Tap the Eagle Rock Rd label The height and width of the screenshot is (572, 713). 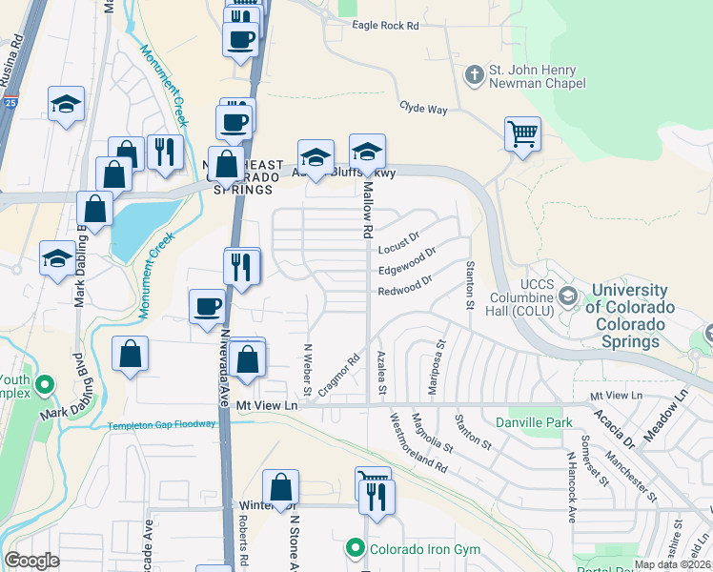385,27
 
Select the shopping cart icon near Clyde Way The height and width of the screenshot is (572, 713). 522,134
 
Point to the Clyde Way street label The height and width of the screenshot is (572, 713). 423,109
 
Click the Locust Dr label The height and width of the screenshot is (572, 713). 399,242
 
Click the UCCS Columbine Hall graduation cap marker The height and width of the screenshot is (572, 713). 568,296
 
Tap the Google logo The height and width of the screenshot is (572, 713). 31,561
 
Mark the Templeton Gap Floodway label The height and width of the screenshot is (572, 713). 161,425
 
